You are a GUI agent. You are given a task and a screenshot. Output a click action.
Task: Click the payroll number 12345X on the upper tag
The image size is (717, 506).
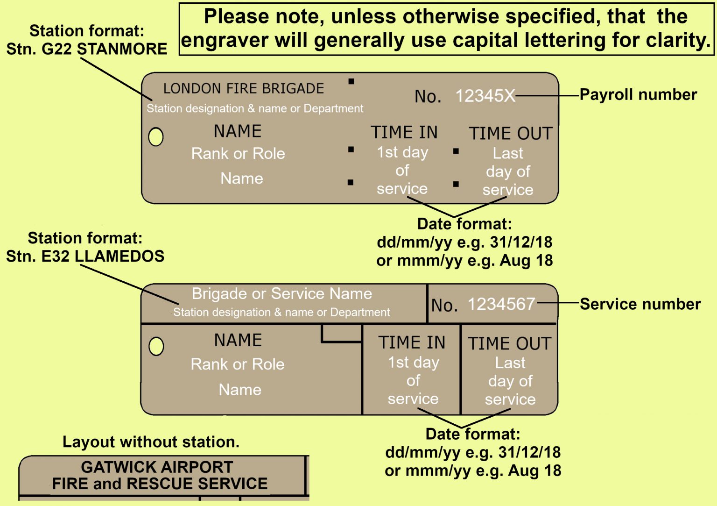[x=485, y=96]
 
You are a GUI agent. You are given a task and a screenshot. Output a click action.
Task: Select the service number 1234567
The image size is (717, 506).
[x=501, y=304]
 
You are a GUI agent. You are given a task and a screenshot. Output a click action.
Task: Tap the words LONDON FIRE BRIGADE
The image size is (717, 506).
[x=243, y=88]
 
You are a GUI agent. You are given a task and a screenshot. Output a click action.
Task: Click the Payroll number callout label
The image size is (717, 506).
[x=638, y=94]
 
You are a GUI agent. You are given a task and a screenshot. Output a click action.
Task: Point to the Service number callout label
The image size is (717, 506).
[x=640, y=304]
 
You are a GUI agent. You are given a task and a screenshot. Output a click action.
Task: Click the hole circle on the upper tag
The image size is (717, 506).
[x=155, y=137]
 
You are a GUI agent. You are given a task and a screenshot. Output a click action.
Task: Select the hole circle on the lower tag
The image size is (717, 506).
[x=156, y=346]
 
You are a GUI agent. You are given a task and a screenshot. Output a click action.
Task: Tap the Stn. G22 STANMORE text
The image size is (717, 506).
[x=86, y=49]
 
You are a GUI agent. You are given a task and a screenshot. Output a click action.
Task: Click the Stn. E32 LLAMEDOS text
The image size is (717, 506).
[x=85, y=256]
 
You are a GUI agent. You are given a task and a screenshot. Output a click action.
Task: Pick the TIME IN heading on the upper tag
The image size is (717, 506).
[x=404, y=132]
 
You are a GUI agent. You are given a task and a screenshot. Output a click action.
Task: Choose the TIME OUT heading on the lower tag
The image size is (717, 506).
[x=509, y=343]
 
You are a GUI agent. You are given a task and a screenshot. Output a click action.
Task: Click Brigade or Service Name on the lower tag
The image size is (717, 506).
[x=281, y=293]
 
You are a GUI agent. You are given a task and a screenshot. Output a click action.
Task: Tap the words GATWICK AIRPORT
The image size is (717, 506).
[x=157, y=467]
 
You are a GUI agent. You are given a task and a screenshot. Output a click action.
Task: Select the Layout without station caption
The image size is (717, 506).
[x=151, y=442]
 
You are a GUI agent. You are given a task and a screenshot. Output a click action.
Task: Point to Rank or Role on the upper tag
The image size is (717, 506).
[x=238, y=153]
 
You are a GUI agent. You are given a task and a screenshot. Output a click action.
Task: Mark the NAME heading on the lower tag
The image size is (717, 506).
[x=238, y=340]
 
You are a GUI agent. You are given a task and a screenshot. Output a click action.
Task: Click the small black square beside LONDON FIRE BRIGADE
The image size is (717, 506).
[x=351, y=82]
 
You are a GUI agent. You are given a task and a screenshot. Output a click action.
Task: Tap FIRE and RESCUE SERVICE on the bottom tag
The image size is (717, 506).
[x=160, y=484]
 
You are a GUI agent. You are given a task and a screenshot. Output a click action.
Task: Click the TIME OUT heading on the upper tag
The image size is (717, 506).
[x=510, y=134]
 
